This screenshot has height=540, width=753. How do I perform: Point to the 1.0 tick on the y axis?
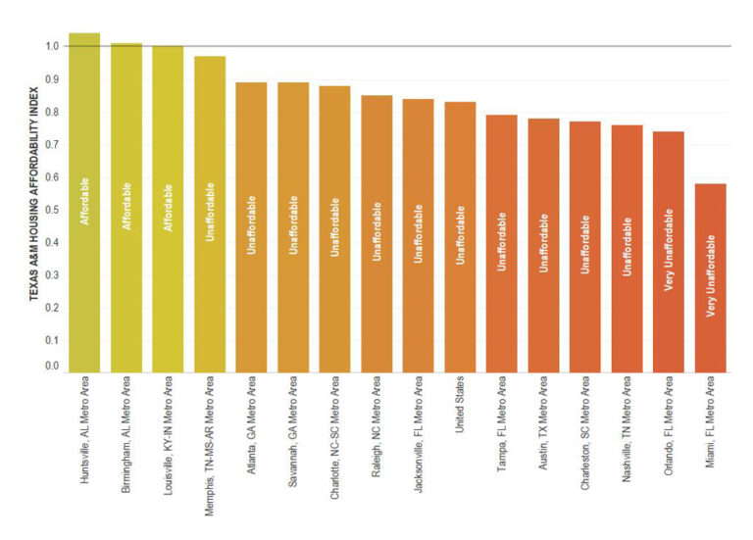tap(52, 46)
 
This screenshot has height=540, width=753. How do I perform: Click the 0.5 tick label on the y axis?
tap(52, 210)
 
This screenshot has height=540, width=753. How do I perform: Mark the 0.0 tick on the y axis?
tap(52, 367)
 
